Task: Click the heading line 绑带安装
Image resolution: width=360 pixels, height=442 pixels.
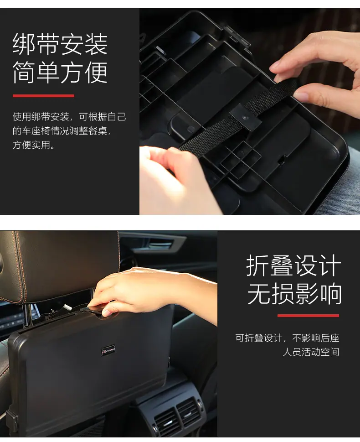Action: click(x=60, y=44)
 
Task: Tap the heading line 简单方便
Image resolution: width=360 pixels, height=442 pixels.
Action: click(x=60, y=72)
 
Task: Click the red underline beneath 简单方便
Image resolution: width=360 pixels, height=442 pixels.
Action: click(x=43, y=96)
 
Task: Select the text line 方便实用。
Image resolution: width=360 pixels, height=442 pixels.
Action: click(x=34, y=145)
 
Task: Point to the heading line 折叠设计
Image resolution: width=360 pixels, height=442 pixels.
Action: click(x=294, y=265)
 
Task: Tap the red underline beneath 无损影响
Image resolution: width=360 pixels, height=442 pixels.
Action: click(x=308, y=316)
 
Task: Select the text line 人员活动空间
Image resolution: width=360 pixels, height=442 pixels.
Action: click(x=311, y=352)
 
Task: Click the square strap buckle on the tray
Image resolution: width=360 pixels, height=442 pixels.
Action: click(x=246, y=117)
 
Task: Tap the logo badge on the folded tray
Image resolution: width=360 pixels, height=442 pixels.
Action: click(x=108, y=350)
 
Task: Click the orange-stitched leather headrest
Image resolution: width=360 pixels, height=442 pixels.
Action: click(x=60, y=265)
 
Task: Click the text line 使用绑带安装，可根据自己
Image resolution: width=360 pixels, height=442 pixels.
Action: click(x=69, y=117)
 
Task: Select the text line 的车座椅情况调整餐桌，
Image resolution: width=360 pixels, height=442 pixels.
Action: click(x=62, y=131)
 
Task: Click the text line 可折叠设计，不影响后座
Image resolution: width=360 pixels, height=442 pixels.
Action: click(x=288, y=338)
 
